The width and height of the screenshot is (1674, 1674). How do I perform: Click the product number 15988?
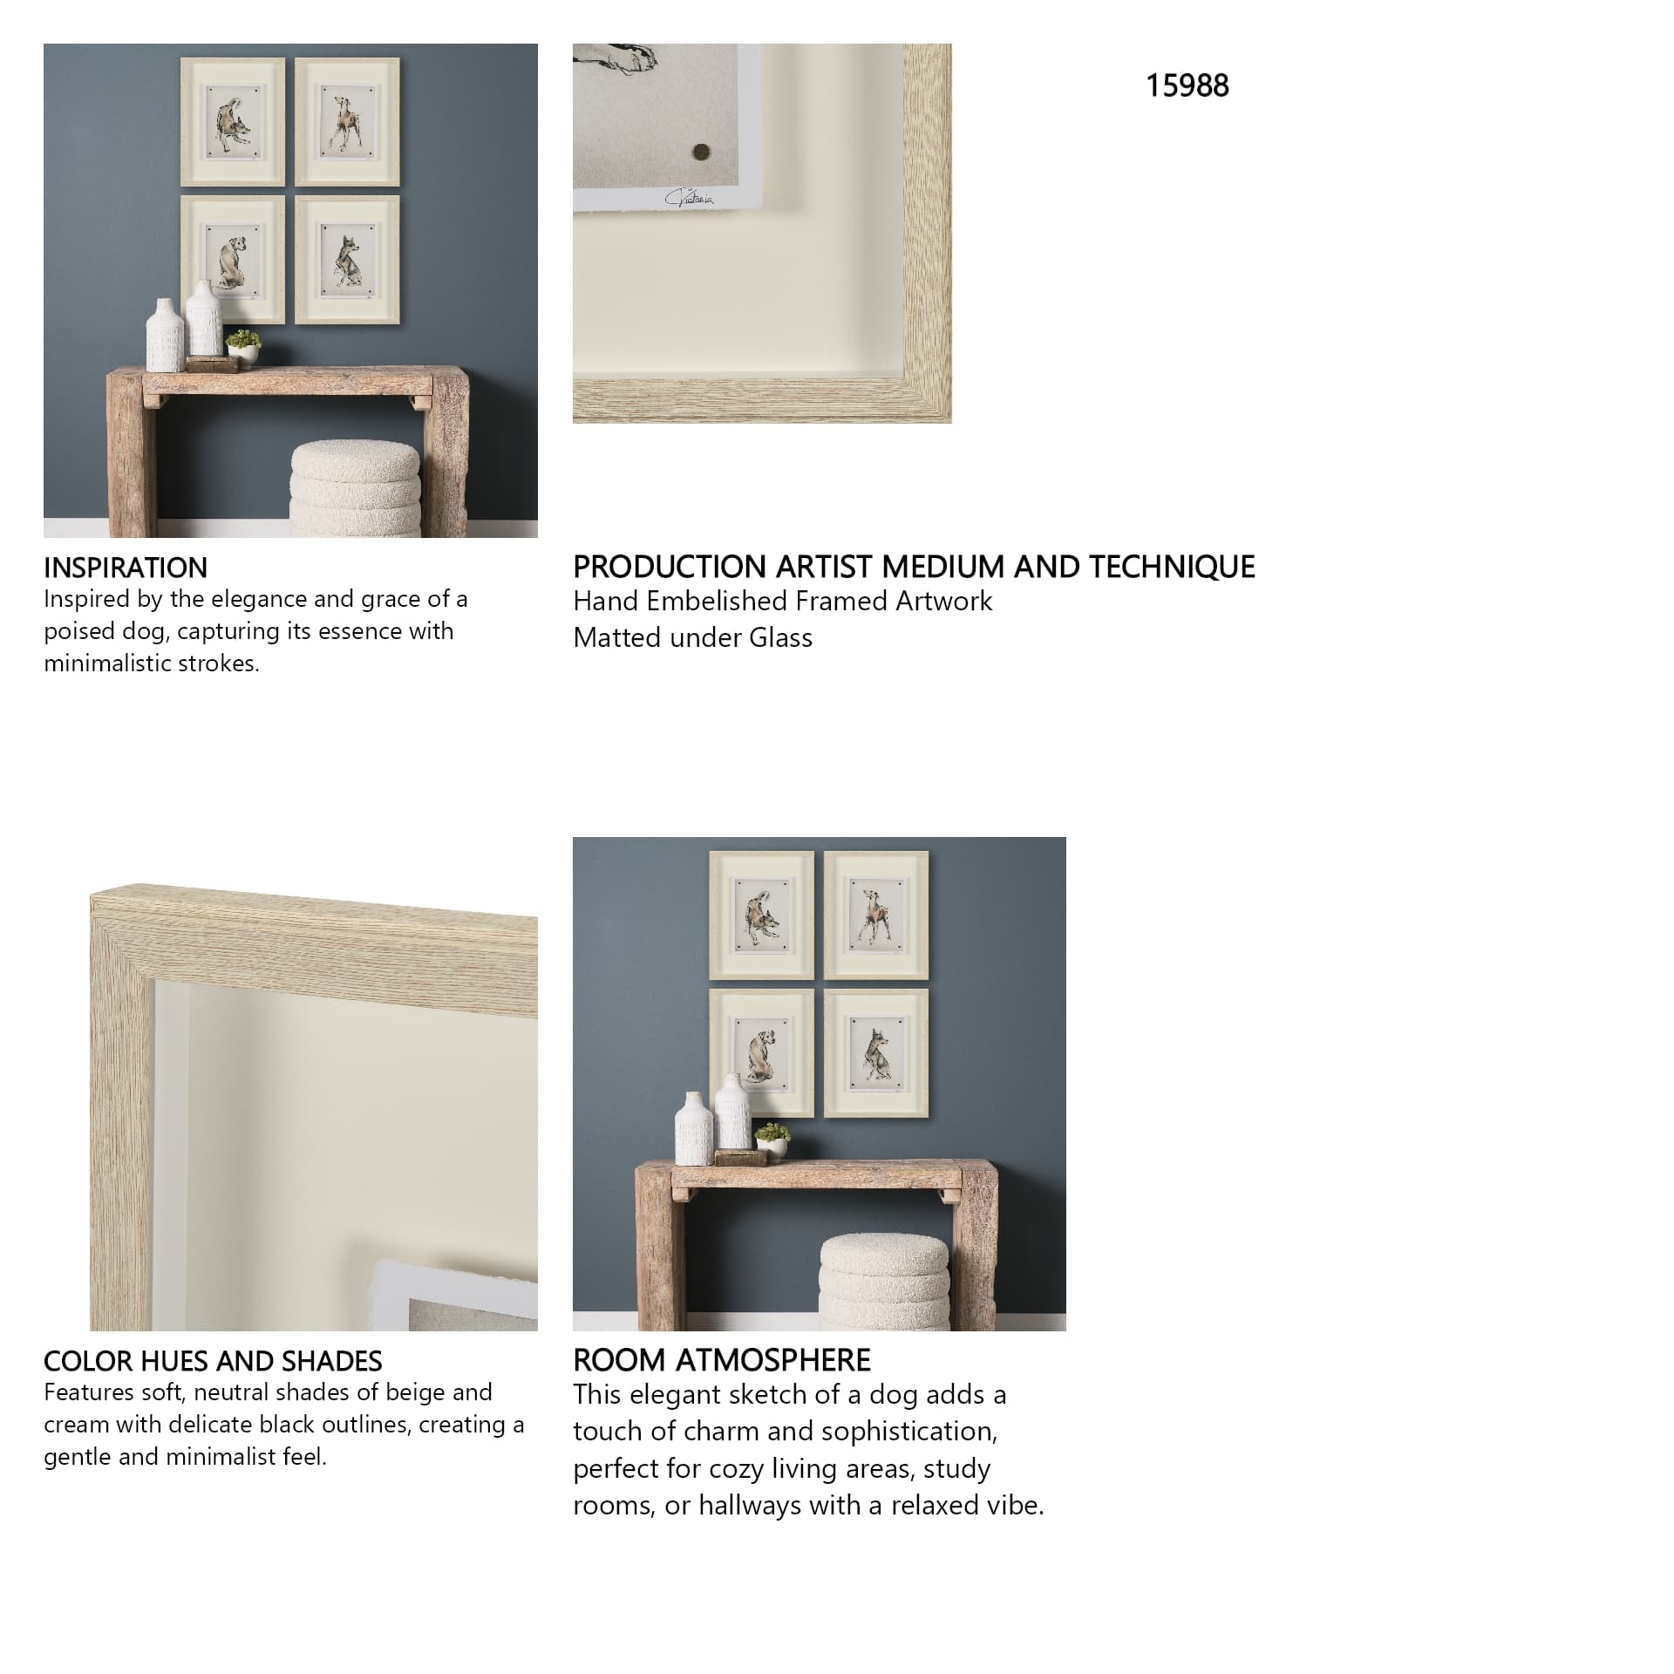point(1187,85)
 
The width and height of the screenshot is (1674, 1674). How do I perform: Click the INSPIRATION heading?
point(126,568)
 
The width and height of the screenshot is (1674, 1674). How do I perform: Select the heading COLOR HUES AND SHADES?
point(213,1361)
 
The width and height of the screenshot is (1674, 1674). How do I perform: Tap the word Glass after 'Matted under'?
point(780,637)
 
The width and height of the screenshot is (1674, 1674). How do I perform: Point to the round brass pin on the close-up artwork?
point(699,153)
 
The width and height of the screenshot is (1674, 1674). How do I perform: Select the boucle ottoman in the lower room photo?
point(884,1282)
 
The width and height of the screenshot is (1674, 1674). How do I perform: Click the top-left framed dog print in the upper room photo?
point(233,122)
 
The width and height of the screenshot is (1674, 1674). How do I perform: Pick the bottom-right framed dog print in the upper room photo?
point(347,259)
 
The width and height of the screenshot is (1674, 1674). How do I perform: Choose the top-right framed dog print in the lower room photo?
point(876,915)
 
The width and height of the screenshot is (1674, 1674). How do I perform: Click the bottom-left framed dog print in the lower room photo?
point(761,1052)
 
